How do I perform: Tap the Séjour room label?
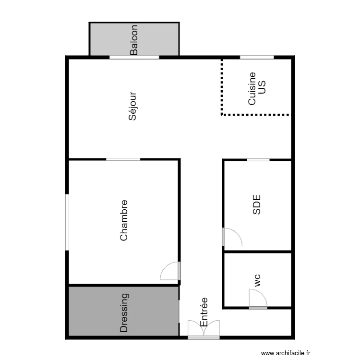click(x=133, y=107)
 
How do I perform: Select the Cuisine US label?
click(x=256, y=88)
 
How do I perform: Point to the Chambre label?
click(x=124, y=220)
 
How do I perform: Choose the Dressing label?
click(x=124, y=313)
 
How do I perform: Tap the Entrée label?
click(x=204, y=312)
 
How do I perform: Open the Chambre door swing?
click(x=169, y=271)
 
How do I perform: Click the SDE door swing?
click(x=232, y=237)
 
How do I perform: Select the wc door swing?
click(x=258, y=299)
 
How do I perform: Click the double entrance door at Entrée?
click(x=204, y=330)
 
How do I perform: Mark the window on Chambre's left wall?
click(x=67, y=222)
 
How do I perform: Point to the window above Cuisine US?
click(x=257, y=57)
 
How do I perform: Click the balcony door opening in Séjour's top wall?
click(x=134, y=57)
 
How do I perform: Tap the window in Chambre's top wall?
click(x=123, y=159)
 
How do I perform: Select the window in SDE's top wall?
click(x=258, y=159)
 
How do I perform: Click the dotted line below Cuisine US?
click(x=256, y=114)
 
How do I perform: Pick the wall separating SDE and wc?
click(x=258, y=252)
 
